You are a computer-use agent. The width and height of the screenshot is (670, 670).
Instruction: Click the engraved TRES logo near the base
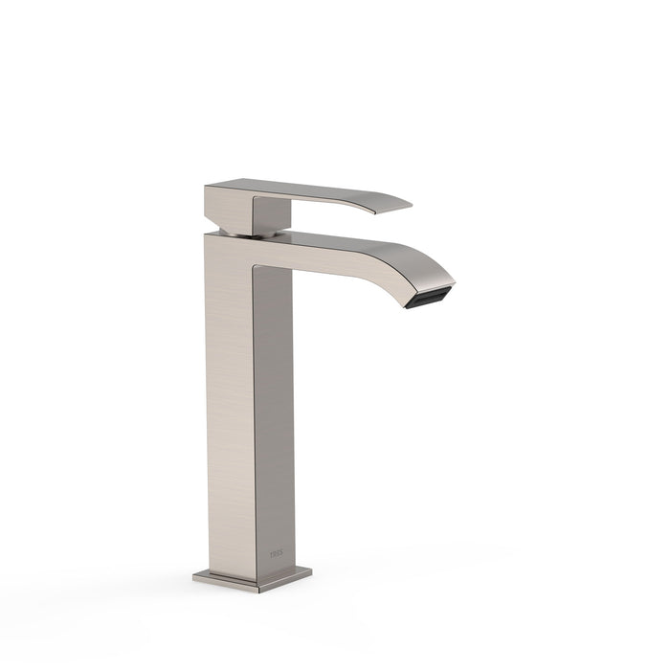coord(277,553)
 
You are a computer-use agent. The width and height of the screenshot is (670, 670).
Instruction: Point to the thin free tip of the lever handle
coord(407,204)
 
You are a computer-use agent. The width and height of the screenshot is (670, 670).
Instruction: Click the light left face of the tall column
coord(230,402)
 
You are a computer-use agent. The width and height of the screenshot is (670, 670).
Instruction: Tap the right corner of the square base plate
coord(310,572)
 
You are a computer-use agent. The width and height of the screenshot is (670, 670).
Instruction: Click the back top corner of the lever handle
coord(207,184)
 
